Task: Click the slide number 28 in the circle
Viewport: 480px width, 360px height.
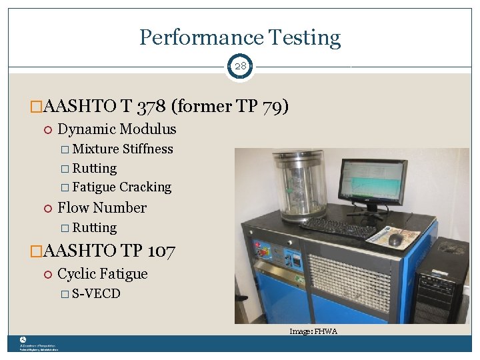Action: coord(240,67)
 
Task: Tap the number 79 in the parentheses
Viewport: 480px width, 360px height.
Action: coord(273,106)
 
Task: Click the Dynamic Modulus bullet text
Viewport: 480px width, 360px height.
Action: coord(117,129)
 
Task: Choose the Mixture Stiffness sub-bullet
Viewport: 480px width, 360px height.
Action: coord(123,149)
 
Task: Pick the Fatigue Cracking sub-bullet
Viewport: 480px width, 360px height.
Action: coord(122,187)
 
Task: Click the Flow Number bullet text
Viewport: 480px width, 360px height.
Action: coord(102,208)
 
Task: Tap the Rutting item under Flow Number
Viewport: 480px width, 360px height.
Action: coord(95,228)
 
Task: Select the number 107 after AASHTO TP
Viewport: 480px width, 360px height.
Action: coord(161,251)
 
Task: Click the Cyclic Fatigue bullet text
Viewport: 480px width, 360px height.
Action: coord(103,274)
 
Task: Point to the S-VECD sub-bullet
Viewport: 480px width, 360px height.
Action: coord(96,294)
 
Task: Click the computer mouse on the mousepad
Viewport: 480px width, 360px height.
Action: coord(395,239)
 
